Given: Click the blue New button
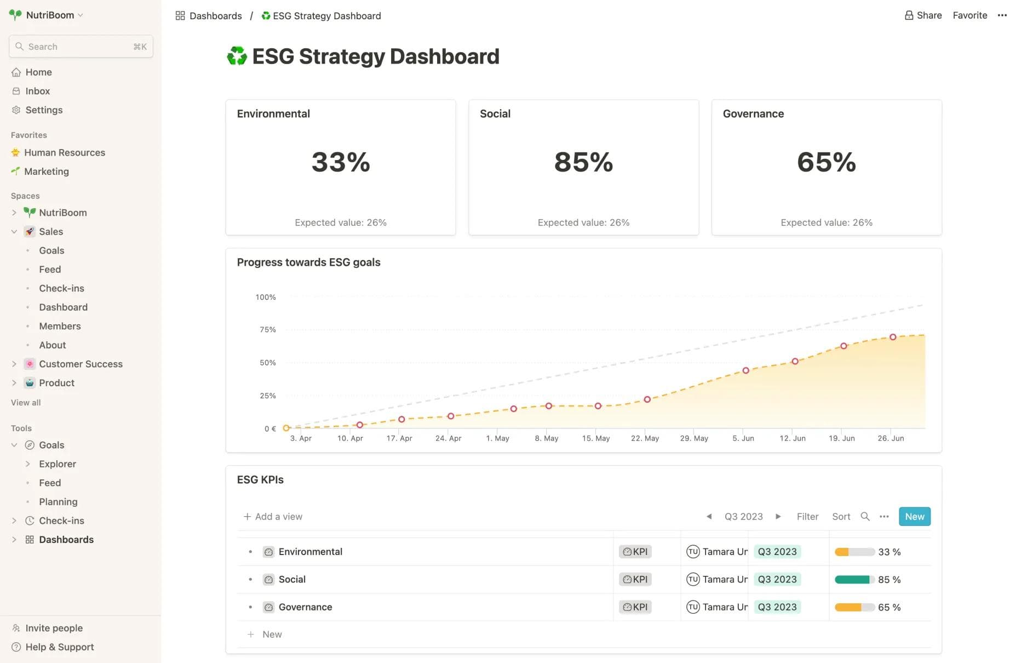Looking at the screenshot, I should tap(914, 516).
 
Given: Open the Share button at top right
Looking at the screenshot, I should tap(923, 15).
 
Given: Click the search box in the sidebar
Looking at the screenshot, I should tap(81, 47).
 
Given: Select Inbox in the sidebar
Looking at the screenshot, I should tap(37, 91).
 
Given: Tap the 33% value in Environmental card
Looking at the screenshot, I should tap(341, 162).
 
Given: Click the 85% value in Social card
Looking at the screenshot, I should tap(583, 162).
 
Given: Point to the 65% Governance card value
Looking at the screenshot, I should tap(826, 162).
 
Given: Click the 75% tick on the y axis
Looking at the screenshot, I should tap(268, 329).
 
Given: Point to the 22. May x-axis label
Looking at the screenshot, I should tap(645, 438).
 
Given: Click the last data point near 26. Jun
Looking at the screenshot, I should tap(893, 337).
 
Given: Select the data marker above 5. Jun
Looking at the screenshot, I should tap(745, 370).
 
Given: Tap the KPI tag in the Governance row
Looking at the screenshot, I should tap(635, 607).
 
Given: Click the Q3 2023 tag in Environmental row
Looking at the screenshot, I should tap(777, 552).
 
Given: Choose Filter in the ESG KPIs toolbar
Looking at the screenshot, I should tap(807, 516).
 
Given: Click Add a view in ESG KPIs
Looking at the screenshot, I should tap(273, 516).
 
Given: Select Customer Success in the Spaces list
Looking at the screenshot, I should tap(81, 364).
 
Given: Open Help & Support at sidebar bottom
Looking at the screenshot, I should tap(59, 647).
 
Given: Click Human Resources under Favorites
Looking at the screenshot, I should tap(64, 152).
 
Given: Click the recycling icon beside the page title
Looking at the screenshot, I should tap(237, 56).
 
